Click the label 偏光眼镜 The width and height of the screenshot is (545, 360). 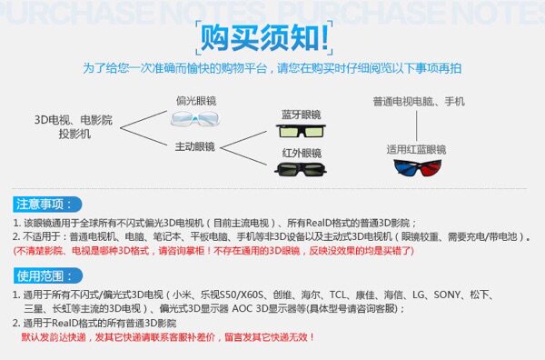(193, 101)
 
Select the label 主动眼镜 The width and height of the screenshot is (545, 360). (193, 145)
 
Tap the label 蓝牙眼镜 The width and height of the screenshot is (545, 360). (301, 115)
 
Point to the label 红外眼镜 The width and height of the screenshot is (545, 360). (301, 151)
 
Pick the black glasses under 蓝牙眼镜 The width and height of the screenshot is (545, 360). (303, 132)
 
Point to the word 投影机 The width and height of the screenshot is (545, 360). (74, 133)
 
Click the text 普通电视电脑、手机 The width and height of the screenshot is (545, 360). (418, 100)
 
